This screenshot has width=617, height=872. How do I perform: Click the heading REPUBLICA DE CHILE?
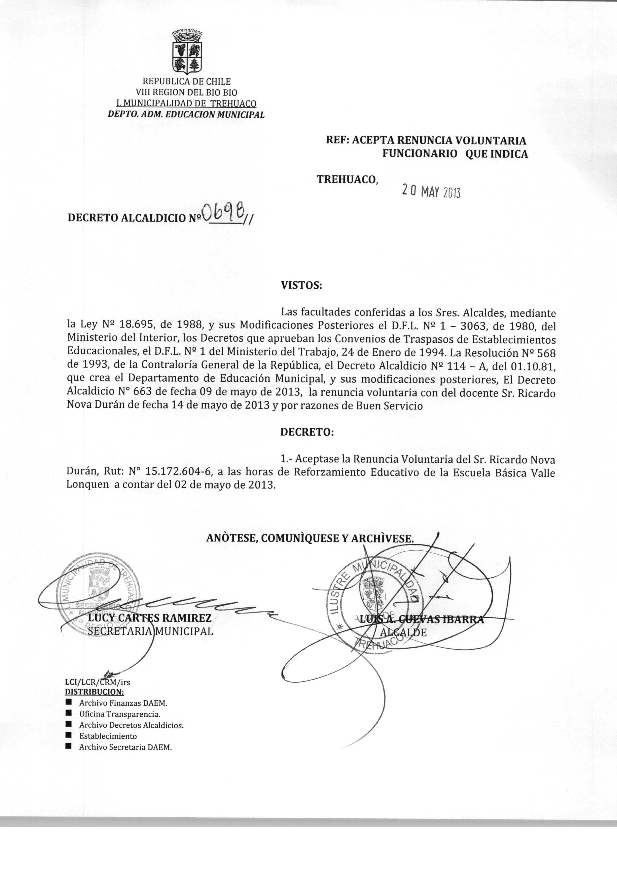pos(187,82)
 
